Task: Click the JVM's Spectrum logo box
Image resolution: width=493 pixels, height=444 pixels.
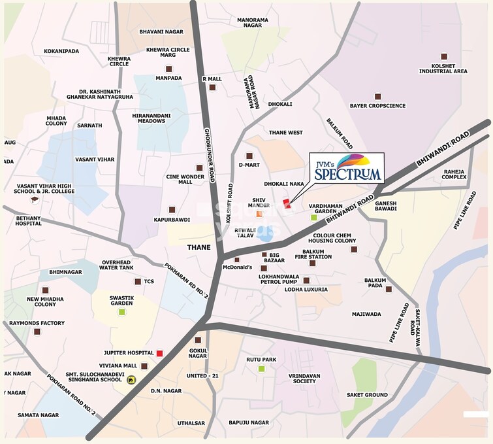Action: pyautogui.click(x=346, y=169)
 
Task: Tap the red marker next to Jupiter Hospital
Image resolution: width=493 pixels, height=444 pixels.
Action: pyautogui.click(x=159, y=353)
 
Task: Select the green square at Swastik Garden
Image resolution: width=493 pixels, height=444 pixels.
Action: pyautogui.click(x=121, y=312)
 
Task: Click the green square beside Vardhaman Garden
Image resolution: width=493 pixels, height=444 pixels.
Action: pyautogui.click(x=313, y=217)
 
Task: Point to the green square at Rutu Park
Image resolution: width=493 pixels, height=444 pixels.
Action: pyautogui.click(x=261, y=369)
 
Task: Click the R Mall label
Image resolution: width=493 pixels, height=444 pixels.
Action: pyautogui.click(x=212, y=78)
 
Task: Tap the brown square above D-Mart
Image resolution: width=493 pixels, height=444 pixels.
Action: pyautogui.click(x=249, y=156)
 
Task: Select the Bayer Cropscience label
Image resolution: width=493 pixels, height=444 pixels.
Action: pyautogui.click(x=377, y=105)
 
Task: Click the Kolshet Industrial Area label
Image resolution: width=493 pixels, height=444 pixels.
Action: pyautogui.click(x=444, y=68)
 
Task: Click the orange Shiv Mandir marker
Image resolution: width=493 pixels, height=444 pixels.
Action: pyautogui.click(x=259, y=214)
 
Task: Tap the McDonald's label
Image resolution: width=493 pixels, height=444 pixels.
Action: pyautogui.click(x=237, y=267)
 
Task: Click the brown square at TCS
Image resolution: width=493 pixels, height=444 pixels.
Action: pyautogui.click(x=137, y=282)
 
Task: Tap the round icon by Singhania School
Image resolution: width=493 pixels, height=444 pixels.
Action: pyautogui.click(x=131, y=379)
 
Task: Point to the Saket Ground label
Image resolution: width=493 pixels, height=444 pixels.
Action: pyautogui.click(x=367, y=395)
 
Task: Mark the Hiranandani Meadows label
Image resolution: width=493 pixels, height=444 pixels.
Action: pyautogui.click(x=152, y=118)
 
